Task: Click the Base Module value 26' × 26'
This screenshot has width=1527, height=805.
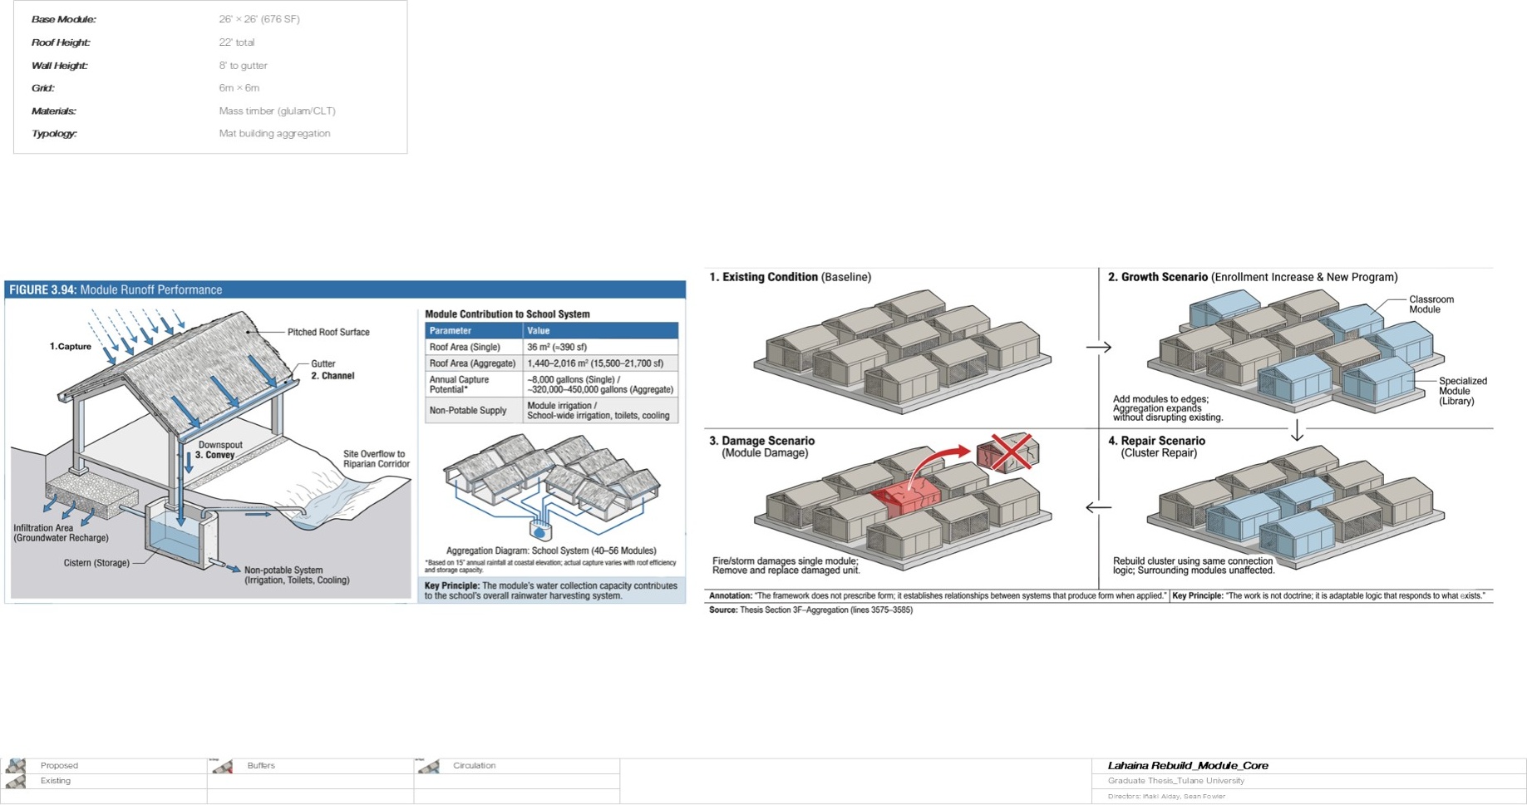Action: coord(259,19)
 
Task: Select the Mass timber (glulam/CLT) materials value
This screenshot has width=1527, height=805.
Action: coord(277,111)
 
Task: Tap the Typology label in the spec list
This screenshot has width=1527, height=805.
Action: coord(54,133)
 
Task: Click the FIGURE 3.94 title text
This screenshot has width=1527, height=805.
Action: coord(116,289)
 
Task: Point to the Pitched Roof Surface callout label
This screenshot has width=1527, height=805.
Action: coord(328,332)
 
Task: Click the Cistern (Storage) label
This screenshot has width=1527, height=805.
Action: coord(96,563)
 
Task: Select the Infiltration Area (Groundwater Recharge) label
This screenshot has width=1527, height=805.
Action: coord(61,533)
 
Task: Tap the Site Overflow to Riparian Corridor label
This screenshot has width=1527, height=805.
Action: coord(376,459)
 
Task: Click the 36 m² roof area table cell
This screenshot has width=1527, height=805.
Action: coord(556,347)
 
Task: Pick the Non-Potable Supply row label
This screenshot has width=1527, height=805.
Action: coord(467,410)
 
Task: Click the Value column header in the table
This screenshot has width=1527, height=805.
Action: coord(539,330)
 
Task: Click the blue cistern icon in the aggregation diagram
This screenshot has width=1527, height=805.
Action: coord(540,529)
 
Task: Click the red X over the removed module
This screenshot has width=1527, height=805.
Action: coord(1011,451)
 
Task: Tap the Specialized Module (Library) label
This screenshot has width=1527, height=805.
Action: coord(1462,391)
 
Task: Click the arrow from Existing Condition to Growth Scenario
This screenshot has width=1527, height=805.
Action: coord(1098,347)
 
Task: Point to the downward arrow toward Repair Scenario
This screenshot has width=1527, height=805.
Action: coord(1297,431)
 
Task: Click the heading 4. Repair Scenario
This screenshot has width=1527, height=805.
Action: coord(1156,441)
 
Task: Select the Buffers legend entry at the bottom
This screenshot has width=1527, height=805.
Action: coord(260,765)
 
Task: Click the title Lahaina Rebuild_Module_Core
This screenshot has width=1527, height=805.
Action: coord(1187,765)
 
